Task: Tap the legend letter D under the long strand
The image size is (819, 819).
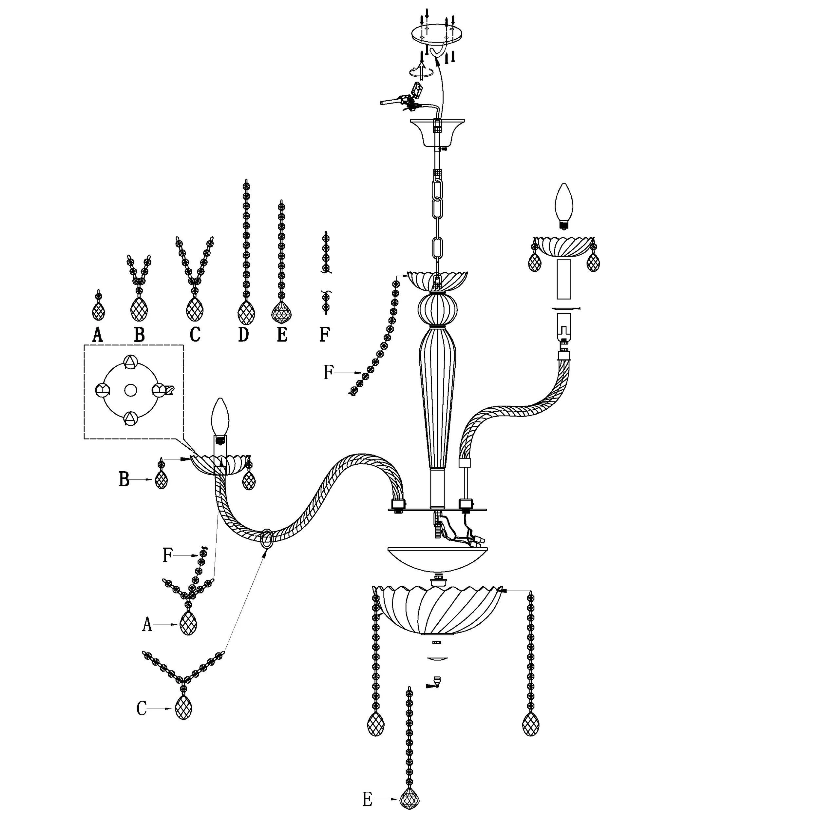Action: point(243,335)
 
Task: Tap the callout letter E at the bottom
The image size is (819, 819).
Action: point(367,800)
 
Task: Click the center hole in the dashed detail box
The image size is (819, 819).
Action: point(130,390)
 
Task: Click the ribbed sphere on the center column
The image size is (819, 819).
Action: point(438,309)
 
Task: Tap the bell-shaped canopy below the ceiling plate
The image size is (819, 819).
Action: point(437,133)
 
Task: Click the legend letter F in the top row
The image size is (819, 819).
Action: point(325,335)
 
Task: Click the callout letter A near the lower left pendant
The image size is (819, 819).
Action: point(147,624)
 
